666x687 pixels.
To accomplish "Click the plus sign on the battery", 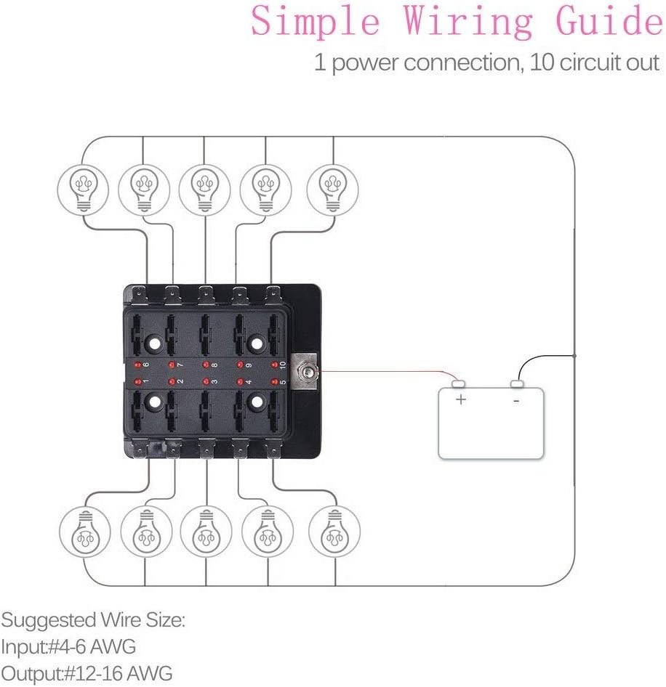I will click(x=460, y=399).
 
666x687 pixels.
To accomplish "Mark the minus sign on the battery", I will click(x=516, y=399).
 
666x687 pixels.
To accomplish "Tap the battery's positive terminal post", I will click(x=459, y=383).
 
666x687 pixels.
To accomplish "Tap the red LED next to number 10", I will click(x=275, y=365).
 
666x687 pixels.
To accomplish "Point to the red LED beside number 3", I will click(x=206, y=381).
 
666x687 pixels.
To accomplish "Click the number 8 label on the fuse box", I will click(x=214, y=365).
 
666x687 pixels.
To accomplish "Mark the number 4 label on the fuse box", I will click(x=249, y=381).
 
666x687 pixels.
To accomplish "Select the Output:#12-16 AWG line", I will click(x=87, y=673).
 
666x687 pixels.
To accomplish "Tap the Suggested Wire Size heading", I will click(x=93, y=621).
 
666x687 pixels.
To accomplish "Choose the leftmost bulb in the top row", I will click(x=82, y=187).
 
